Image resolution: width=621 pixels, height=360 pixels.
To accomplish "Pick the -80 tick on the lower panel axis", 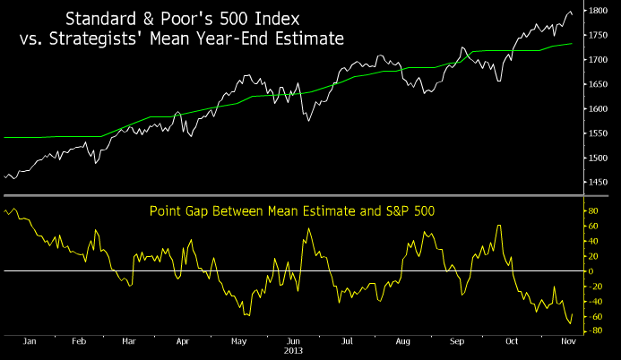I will pos(592,331).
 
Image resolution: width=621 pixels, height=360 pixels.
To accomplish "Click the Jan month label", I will pos(28,341).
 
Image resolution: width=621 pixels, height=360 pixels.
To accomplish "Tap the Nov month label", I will pos(566,341).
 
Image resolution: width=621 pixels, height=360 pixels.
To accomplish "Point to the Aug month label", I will pos(402,341).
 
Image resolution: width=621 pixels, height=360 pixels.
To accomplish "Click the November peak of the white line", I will pos(570,12).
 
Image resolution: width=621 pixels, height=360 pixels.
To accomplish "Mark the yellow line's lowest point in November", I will pos(569,324).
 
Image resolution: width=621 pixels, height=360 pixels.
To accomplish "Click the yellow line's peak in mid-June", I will pos(309,228).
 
